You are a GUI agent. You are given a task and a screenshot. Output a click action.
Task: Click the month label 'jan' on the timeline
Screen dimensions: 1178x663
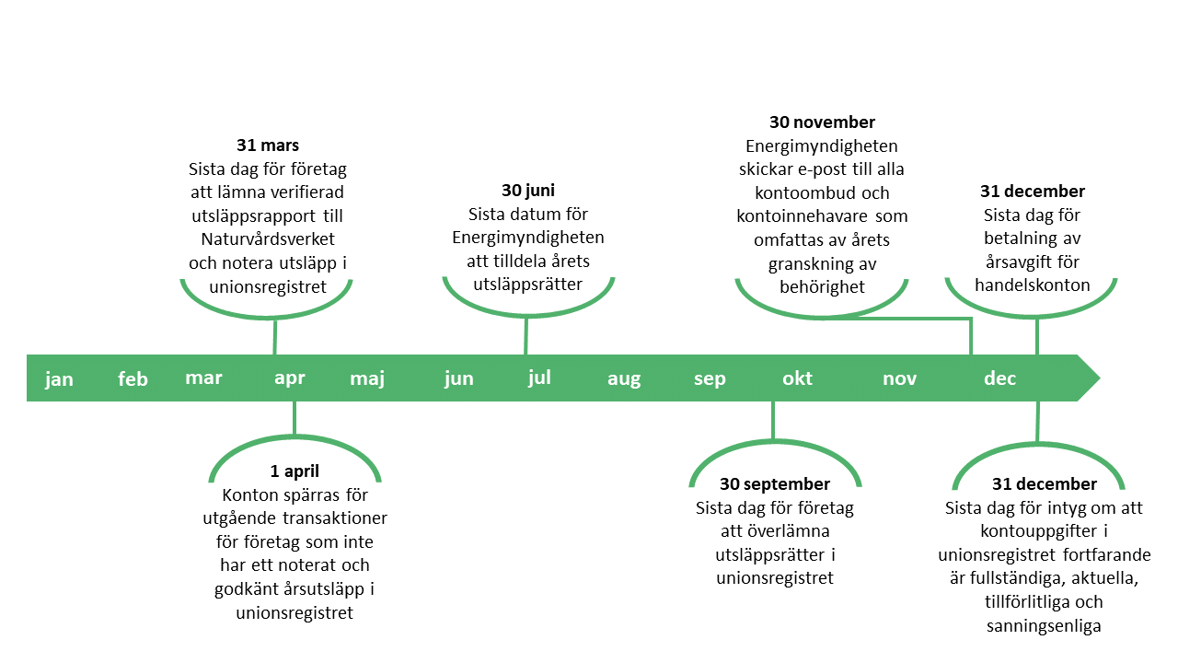(x=59, y=378)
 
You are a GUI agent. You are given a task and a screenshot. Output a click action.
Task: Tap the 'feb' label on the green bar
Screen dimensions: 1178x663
(x=133, y=378)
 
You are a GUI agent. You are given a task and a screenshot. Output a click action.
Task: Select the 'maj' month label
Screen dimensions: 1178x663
(x=367, y=378)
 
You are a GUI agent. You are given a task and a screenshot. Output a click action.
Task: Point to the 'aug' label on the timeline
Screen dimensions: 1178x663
(x=624, y=378)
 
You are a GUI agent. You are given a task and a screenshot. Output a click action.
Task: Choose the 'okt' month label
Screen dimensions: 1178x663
(x=797, y=378)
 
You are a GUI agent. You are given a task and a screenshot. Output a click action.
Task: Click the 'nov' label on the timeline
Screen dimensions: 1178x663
(x=899, y=378)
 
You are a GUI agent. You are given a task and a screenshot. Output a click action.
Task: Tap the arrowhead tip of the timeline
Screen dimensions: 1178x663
(x=1100, y=378)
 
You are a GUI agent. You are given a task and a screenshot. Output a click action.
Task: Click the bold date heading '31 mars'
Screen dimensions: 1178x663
(x=268, y=145)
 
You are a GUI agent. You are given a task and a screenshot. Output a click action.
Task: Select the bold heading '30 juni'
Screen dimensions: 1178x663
(x=528, y=190)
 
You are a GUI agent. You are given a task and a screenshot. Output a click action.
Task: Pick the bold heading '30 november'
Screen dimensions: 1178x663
(x=822, y=122)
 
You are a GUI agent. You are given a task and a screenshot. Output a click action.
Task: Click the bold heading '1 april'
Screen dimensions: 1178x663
(x=294, y=471)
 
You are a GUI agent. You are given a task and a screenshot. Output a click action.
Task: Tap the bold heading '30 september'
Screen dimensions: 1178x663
(x=775, y=483)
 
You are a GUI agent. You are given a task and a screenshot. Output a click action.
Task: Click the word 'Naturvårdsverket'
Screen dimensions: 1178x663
(x=268, y=238)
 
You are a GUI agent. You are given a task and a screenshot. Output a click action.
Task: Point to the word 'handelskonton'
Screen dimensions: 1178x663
(x=1033, y=285)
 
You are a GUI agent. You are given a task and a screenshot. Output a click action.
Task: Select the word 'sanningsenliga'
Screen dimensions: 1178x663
(x=1044, y=625)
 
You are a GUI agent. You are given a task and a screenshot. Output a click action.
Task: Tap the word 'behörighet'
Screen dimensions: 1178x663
(x=822, y=286)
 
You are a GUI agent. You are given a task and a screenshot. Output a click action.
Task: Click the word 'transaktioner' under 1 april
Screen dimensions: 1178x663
(x=335, y=518)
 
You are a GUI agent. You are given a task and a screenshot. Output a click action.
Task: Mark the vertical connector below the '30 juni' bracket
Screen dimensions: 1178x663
(x=525, y=336)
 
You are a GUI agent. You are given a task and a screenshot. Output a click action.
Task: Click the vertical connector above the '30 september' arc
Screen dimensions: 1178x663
(x=773, y=420)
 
